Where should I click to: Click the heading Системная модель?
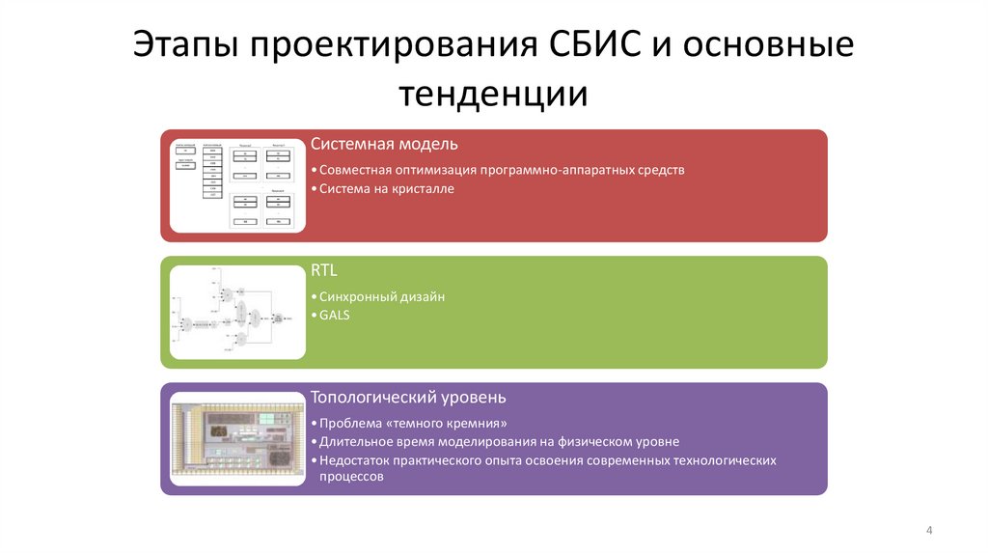384,144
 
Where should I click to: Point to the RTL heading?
324,270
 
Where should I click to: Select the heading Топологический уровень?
408,397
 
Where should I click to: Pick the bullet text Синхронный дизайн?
382,296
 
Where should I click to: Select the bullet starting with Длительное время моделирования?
500,441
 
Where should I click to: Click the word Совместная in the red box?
354,170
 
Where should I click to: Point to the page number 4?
928,531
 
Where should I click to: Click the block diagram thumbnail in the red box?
237,184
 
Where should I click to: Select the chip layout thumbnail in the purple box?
237,439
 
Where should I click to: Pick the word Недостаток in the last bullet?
355,460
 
